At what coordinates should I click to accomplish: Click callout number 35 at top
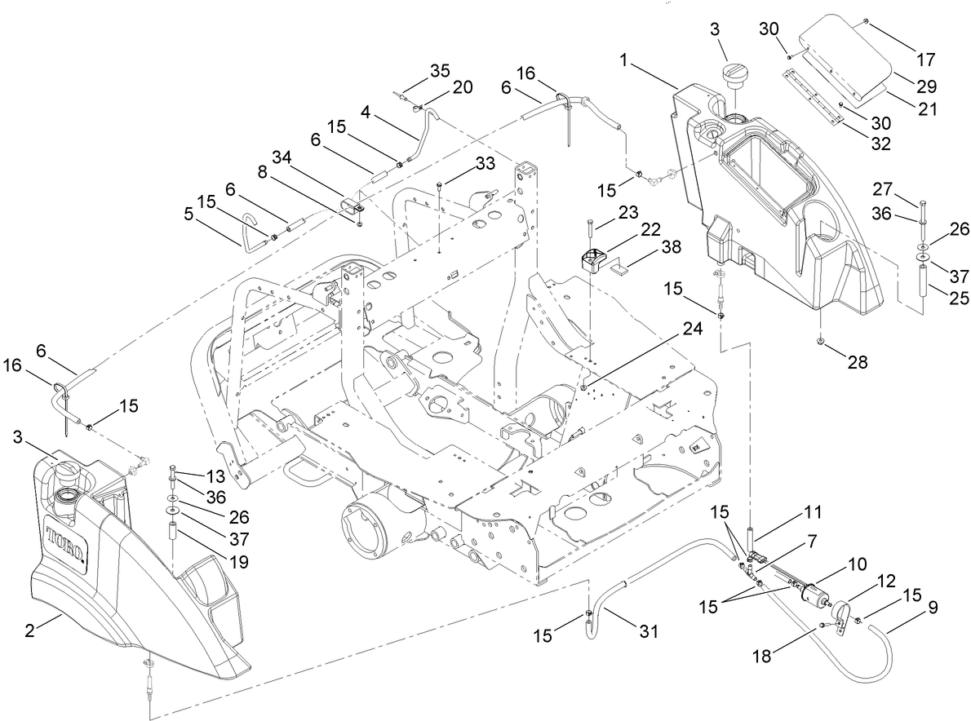pos(440,70)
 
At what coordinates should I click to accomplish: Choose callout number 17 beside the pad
pos(924,60)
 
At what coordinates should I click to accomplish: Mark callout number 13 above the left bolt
pos(214,475)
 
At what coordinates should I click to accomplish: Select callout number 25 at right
pos(944,299)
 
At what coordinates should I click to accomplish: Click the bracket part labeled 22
pos(594,260)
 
